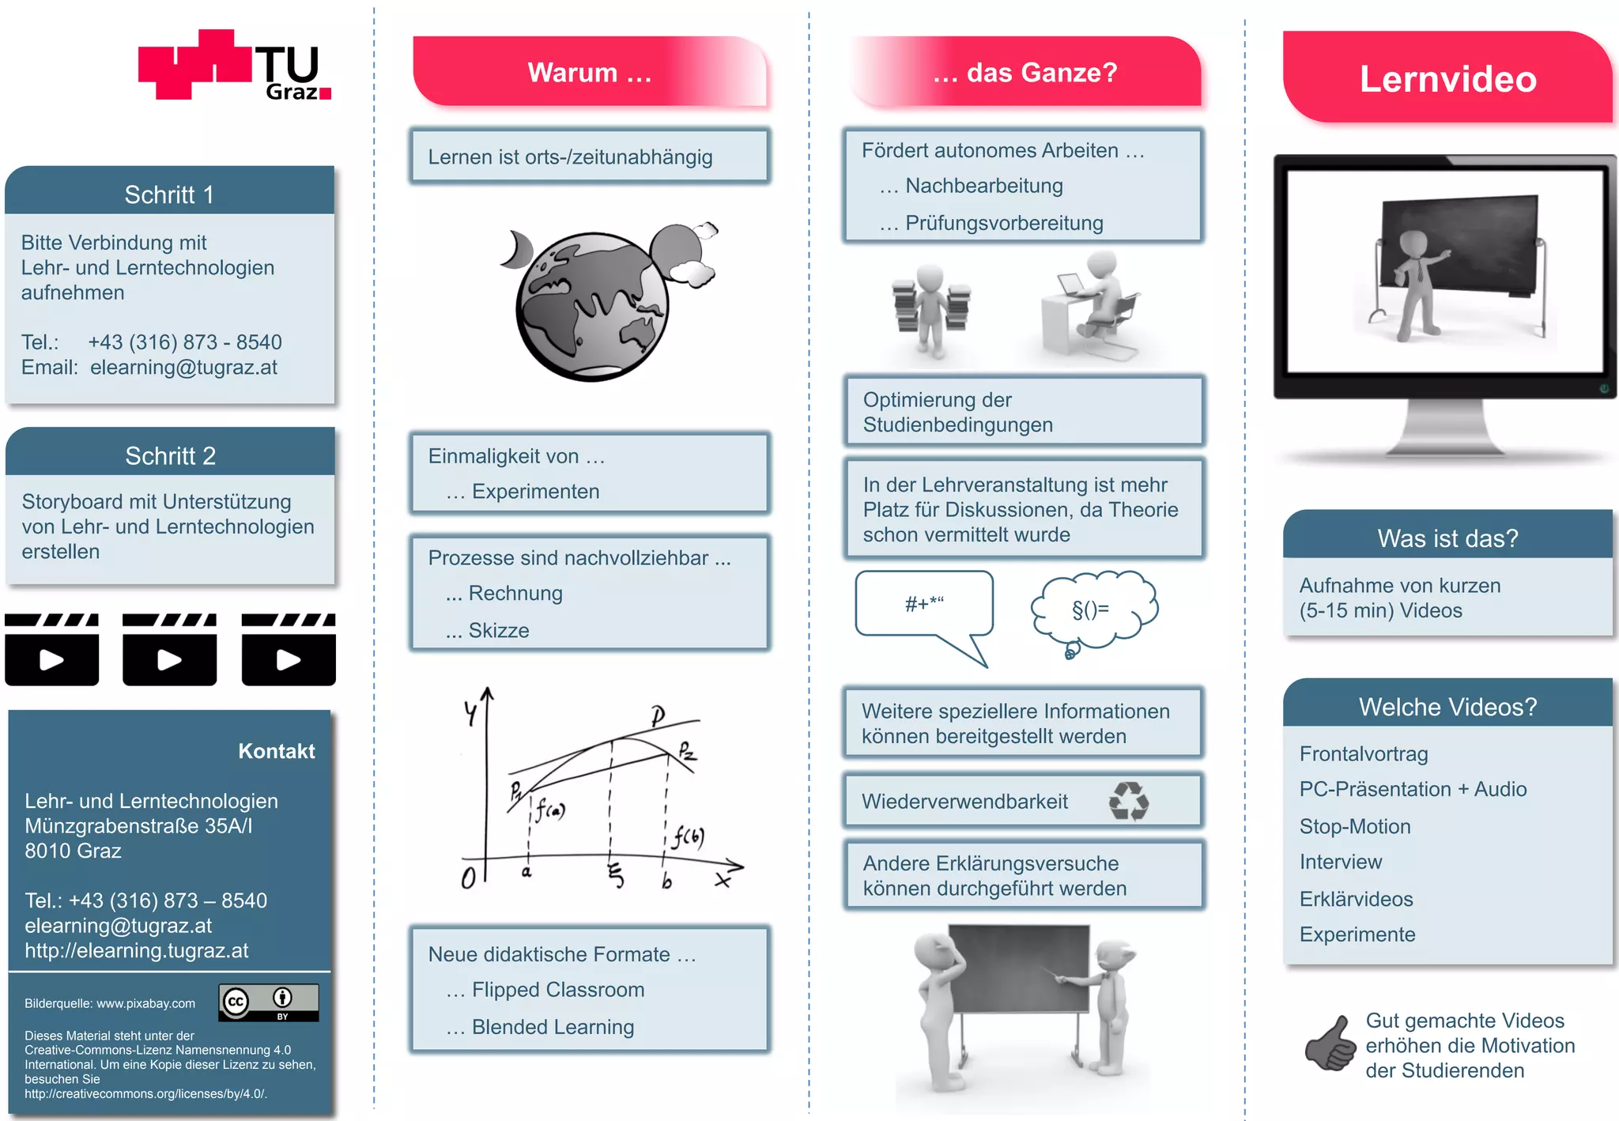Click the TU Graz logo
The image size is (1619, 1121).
[x=234, y=66]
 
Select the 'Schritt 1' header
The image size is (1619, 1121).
[x=169, y=194]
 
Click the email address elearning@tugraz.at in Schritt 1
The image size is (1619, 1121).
[x=183, y=368]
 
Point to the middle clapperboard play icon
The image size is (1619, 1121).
[x=169, y=651]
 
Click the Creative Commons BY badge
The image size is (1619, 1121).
[x=269, y=1002]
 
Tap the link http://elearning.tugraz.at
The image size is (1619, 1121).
[x=136, y=950]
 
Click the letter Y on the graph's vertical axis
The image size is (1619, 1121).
[x=471, y=714]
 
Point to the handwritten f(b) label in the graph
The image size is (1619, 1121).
[x=689, y=837]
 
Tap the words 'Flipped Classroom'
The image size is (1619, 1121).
[x=557, y=990]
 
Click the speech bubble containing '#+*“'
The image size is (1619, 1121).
[x=924, y=605]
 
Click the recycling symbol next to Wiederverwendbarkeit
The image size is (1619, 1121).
[x=1128, y=801]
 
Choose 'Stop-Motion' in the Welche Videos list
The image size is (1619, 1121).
[x=1355, y=826]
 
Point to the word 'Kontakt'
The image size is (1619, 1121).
[x=276, y=751]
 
